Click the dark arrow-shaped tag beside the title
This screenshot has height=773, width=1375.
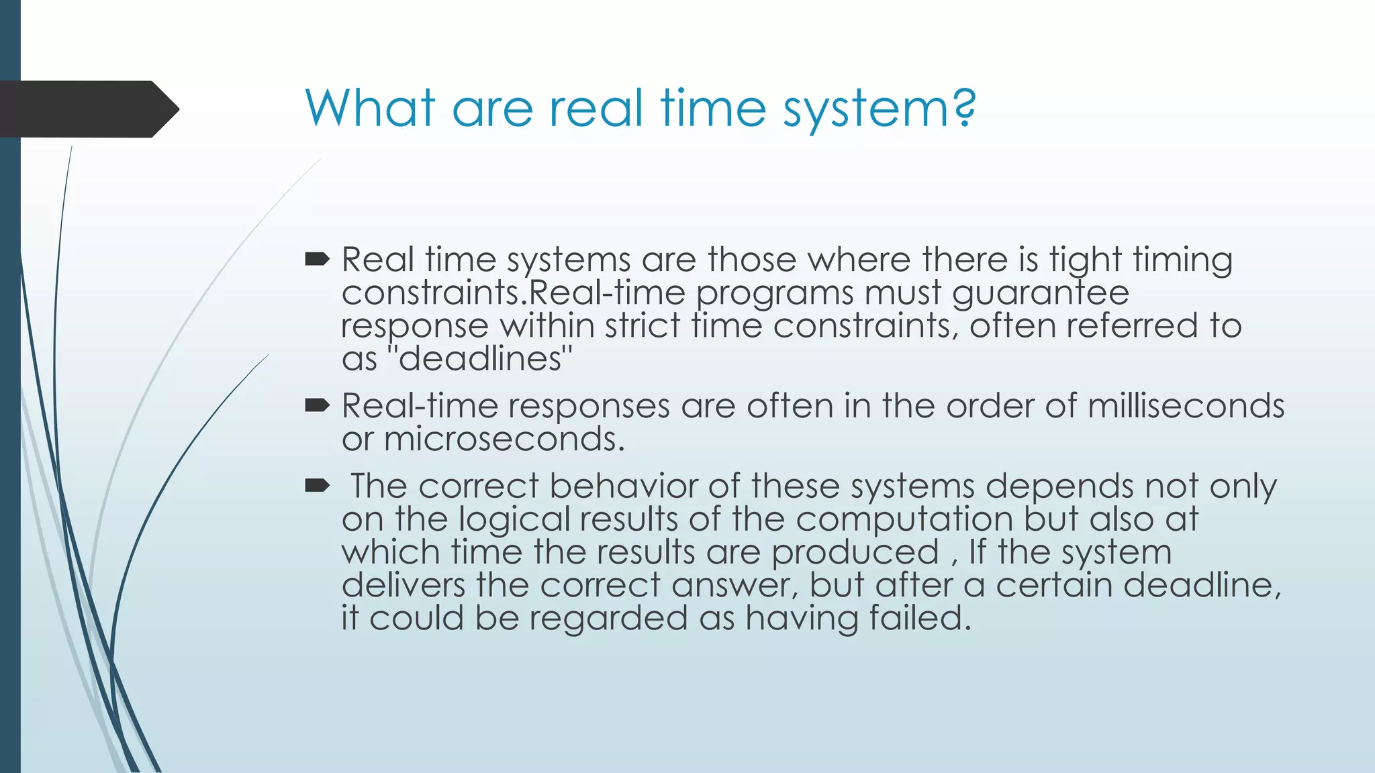(87, 109)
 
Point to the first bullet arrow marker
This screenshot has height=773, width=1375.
(317, 259)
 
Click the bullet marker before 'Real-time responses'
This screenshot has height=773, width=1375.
(317, 405)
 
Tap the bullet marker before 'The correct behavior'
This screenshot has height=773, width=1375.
(317, 485)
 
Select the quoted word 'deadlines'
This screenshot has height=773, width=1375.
(480, 359)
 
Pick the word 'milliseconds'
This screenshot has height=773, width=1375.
(1186, 406)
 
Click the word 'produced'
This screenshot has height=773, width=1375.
(855, 553)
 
